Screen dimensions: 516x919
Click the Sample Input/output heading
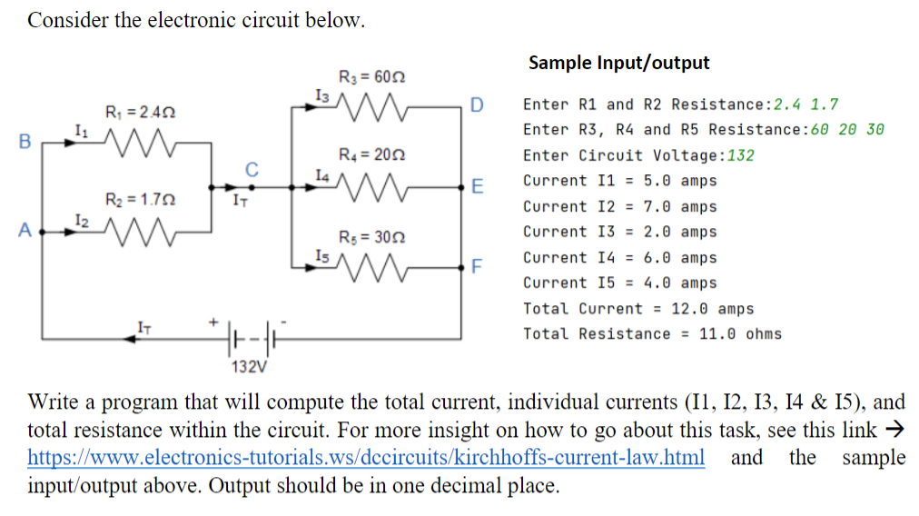618,63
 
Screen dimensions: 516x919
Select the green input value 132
741,155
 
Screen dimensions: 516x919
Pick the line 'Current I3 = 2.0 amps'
619,232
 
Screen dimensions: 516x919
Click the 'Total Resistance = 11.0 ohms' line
651,333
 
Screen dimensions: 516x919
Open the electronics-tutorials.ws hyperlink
366,457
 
